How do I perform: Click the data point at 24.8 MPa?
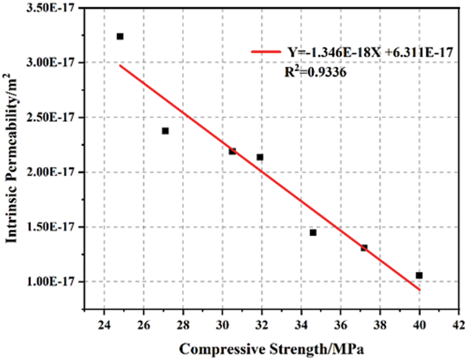(120, 36)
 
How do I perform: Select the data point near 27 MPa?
(165, 131)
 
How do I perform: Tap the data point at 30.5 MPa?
(232, 151)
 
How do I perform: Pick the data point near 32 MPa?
(260, 157)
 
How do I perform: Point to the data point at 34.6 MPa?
(313, 232)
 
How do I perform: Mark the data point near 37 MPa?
(364, 248)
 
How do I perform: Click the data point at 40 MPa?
(419, 275)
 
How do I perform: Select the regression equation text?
(370, 52)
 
